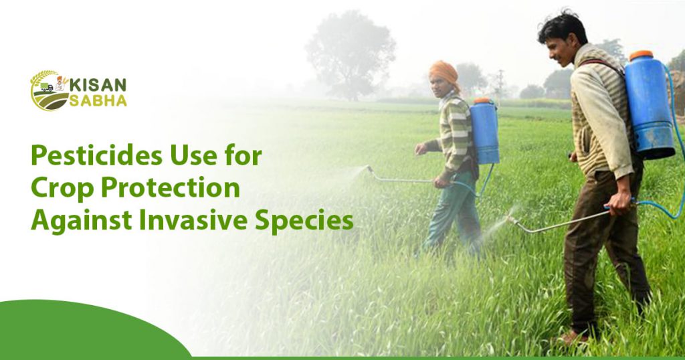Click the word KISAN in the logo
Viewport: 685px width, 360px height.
(x=98, y=85)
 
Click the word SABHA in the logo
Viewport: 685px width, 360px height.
(x=98, y=100)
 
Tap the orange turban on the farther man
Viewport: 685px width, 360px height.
(x=442, y=70)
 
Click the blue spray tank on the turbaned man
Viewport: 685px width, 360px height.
(x=484, y=131)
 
